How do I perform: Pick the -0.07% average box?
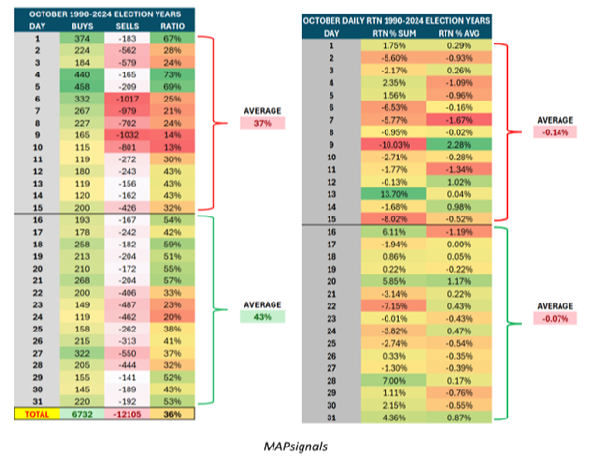click(555, 317)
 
